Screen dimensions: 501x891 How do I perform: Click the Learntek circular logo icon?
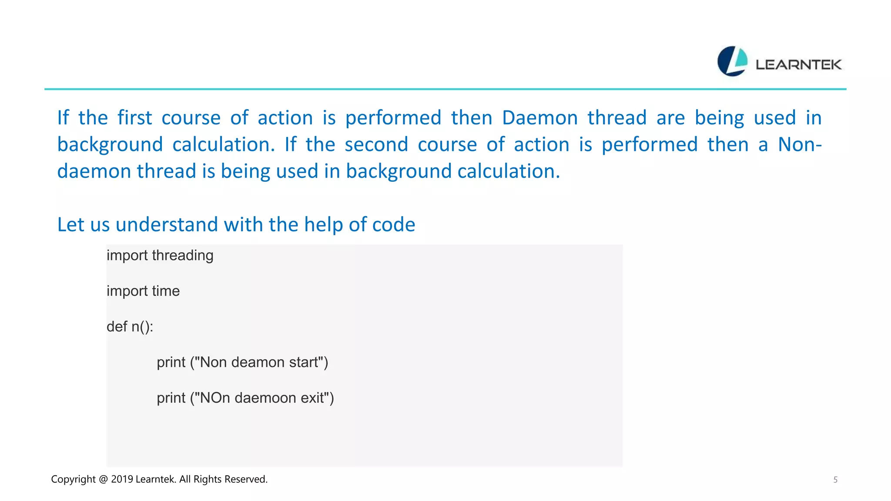732,61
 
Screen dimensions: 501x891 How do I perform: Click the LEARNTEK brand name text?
798,65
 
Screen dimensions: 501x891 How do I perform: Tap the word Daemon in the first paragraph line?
539,118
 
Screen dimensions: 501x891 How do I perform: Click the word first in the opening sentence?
134,118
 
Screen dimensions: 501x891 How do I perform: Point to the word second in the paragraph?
376,144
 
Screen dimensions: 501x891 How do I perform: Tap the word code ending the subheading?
394,225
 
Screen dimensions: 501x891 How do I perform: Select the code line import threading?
160,255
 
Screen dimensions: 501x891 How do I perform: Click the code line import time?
143,291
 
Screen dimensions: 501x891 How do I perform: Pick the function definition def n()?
130,327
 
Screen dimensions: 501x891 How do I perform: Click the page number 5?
835,480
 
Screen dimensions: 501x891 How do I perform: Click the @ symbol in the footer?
103,479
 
